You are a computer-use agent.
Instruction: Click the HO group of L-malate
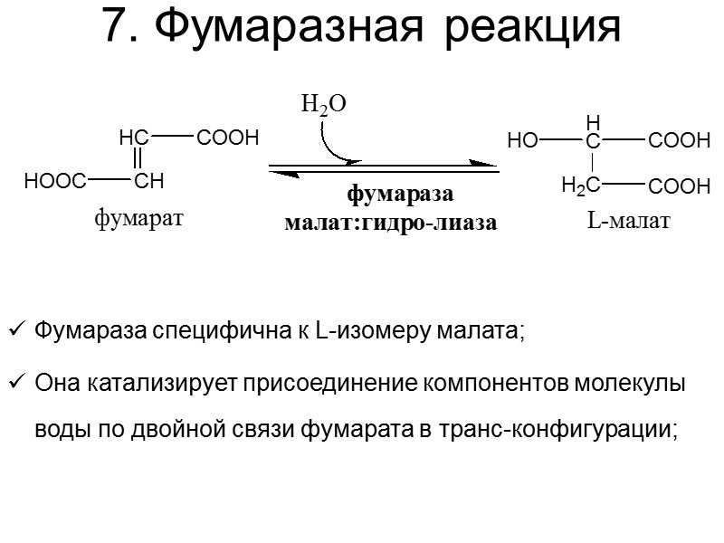coord(522,141)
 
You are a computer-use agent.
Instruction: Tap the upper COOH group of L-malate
coord(680,141)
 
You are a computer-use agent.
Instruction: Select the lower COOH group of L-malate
coord(680,186)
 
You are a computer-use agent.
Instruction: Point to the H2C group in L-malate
coord(580,186)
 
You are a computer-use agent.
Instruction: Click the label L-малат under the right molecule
coord(628,220)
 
